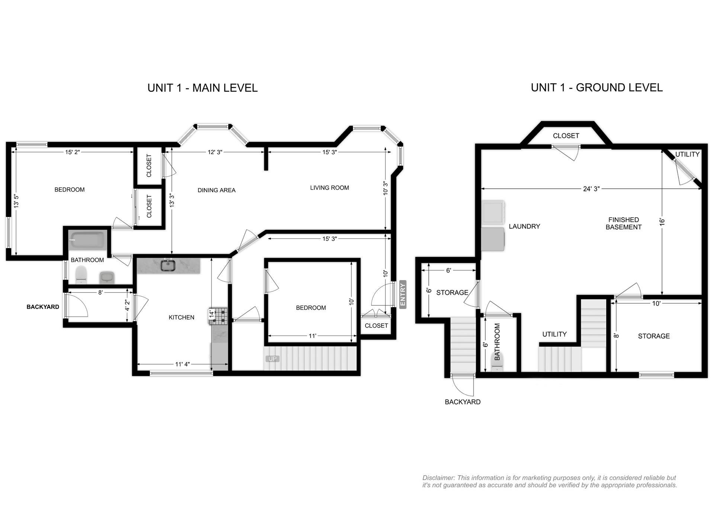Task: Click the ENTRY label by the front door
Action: [403, 294]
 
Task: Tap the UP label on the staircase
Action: [272, 359]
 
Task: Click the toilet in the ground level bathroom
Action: [497, 361]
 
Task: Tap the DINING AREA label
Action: [216, 190]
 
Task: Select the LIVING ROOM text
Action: [329, 188]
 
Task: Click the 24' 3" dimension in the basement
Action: [591, 189]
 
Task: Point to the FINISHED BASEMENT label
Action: [624, 223]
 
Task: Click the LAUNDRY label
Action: [524, 226]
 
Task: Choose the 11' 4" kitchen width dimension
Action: [183, 364]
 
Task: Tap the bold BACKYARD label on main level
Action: [43, 307]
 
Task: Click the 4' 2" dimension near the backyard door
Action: [127, 306]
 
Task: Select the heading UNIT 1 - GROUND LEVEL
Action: [596, 88]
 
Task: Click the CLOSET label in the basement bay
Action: [566, 136]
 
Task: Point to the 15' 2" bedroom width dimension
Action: [73, 152]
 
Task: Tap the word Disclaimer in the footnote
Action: [438, 478]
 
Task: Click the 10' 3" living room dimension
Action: [385, 188]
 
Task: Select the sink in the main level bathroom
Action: [107, 277]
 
